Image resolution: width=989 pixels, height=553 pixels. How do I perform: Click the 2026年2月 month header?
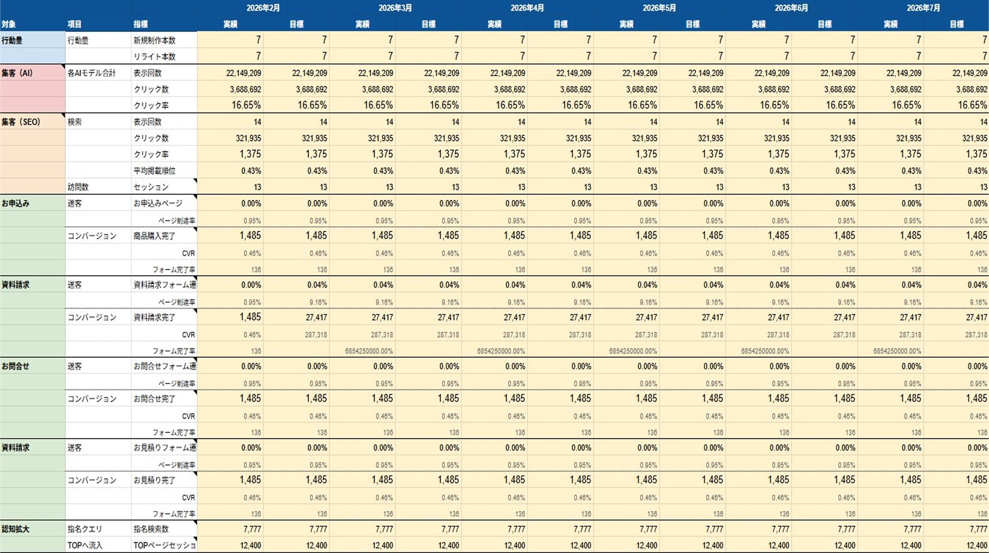263,8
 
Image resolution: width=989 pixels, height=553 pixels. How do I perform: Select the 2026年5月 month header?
659,8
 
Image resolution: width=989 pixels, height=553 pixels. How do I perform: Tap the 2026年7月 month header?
923,8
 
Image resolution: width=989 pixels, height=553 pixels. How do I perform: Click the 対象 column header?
9,25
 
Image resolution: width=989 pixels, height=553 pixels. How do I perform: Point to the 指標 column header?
141,25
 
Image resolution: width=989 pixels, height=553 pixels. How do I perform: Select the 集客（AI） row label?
17,73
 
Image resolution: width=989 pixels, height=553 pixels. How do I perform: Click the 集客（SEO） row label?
21,122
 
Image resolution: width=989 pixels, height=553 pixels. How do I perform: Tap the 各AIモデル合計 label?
92,73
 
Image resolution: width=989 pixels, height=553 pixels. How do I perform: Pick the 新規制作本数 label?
155,40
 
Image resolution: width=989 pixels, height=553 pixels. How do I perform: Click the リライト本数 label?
155,57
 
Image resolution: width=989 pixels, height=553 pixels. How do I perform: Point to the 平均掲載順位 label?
155,170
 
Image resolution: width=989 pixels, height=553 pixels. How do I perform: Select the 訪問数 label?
78,187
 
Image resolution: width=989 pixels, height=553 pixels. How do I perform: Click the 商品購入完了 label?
155,236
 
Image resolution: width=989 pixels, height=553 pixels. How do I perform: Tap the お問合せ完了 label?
155,398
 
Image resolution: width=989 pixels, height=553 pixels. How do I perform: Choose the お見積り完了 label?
155,480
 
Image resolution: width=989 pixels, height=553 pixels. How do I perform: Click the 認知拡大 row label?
16,529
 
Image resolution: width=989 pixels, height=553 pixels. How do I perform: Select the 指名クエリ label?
85,529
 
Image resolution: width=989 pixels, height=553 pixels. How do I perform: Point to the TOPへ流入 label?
85,545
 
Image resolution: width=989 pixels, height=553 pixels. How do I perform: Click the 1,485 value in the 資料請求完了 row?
250,317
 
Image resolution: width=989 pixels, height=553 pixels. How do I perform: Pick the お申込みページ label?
158,203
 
